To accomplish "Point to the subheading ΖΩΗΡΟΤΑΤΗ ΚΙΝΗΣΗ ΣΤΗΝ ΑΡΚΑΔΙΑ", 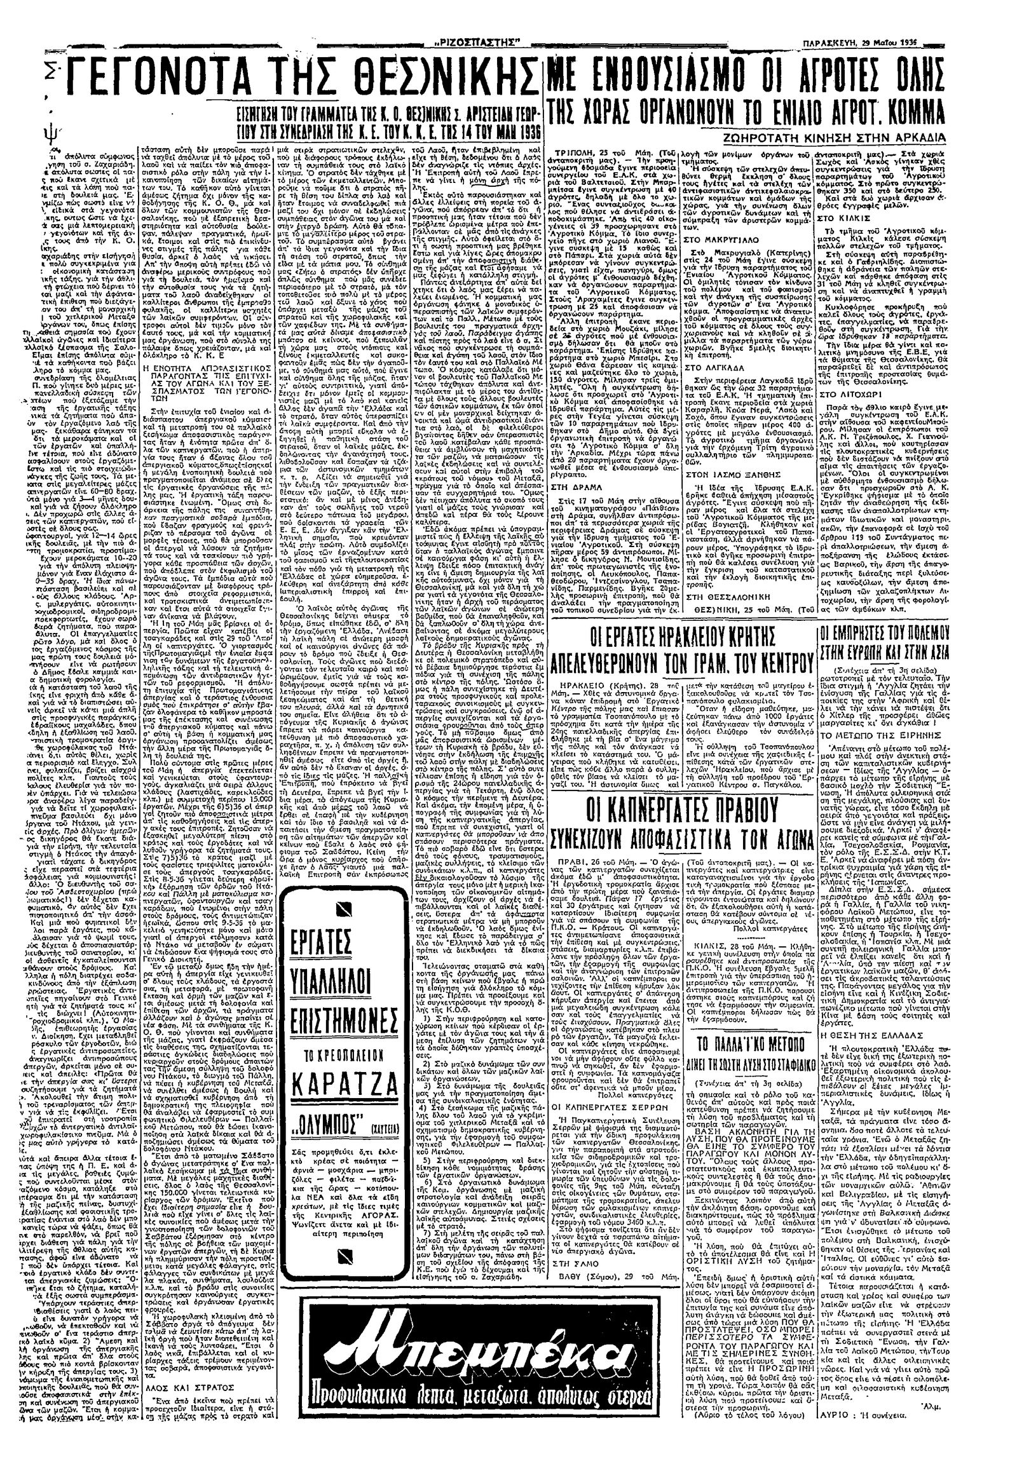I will tap(877, 139).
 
